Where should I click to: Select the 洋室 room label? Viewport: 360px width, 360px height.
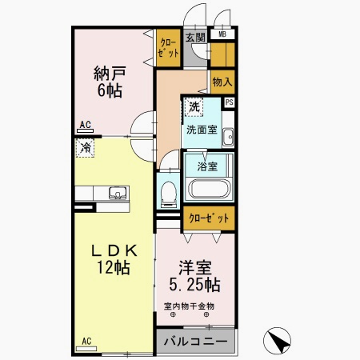click(194, 269)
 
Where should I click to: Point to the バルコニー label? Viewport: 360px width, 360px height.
click(195, 341)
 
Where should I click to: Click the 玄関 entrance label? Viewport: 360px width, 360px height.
click(195, 38)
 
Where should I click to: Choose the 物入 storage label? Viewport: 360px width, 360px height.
click(222, 82)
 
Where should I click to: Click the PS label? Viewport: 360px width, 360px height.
click(230, 102)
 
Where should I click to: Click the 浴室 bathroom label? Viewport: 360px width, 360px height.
click(208, 167)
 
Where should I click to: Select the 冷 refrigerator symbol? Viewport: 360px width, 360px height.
click(85, 148)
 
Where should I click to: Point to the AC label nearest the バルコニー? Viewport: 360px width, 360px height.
click(86, 342)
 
